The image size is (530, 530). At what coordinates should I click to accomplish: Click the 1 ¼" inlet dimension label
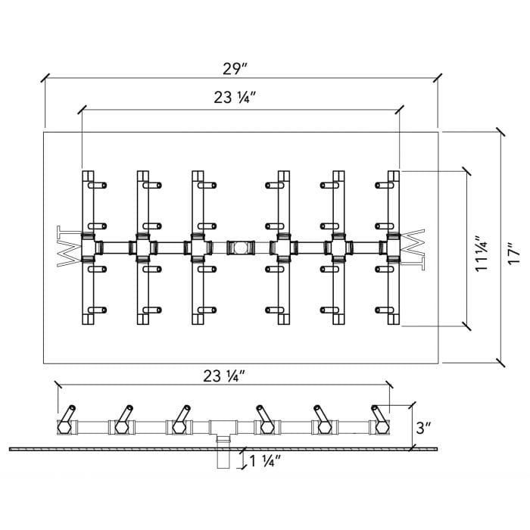pyautogui.click(x=262, y=460)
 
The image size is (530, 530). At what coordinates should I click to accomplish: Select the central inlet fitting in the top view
pyautogui.click(x=240, y=246)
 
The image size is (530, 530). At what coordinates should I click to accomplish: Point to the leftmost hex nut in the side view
pyautogui.click(x=63, y=427)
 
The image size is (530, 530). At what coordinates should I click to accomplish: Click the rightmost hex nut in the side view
pyautogui.click(x=382, y=427)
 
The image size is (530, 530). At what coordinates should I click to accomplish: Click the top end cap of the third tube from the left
pyautogui.click(x=197, y=176)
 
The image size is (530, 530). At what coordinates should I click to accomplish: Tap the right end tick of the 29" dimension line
pyautogui.click(x=438, y=77)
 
